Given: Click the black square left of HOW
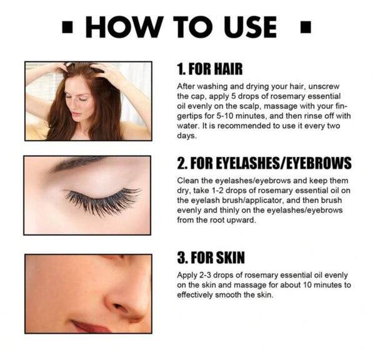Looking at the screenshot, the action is tap(67, 27).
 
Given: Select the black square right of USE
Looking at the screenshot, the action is tap(306, 27).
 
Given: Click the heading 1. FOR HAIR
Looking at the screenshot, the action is tap(210, 69).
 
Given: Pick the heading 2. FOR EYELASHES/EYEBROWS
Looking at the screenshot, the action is tap(264, 163).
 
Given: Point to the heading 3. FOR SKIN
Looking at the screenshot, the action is tap(211, 257).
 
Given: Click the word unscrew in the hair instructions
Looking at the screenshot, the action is tap(324, 86).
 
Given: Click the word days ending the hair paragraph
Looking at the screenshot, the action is tap(187, 136).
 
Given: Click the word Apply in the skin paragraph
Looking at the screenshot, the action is tap(186, 276).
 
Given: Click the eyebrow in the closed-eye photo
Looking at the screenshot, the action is tap(76, 164).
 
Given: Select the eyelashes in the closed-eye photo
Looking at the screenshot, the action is tap(103, 201).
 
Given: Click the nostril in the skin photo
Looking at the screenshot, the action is tap(119, 307).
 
